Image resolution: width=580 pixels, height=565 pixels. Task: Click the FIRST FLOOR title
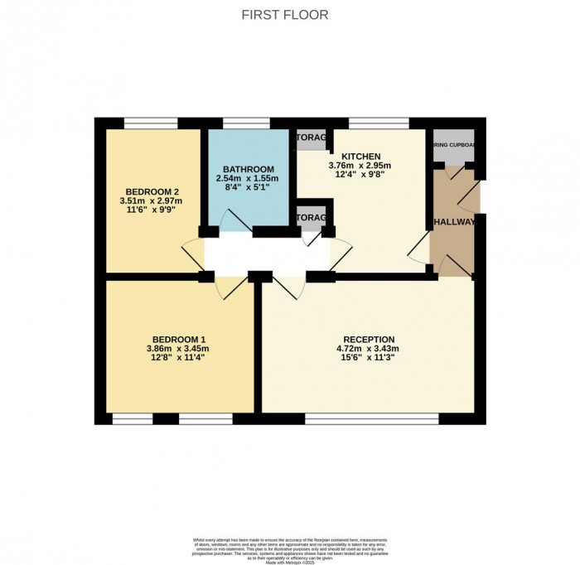click(284, 15)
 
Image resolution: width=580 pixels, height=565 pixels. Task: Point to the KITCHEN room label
click(361, 156)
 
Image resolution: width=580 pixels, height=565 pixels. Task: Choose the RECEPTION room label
click(370, 340)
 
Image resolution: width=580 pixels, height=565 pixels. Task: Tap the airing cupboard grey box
click(453, 147)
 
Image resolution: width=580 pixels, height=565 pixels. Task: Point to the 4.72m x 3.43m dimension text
click(370, 349)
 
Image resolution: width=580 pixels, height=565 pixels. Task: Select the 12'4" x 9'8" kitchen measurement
click(361, 174)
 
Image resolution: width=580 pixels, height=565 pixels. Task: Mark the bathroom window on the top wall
click(246, 124)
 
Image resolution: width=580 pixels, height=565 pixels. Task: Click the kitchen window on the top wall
click(379, 124)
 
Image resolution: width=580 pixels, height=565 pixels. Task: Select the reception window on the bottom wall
click(371, 418)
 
